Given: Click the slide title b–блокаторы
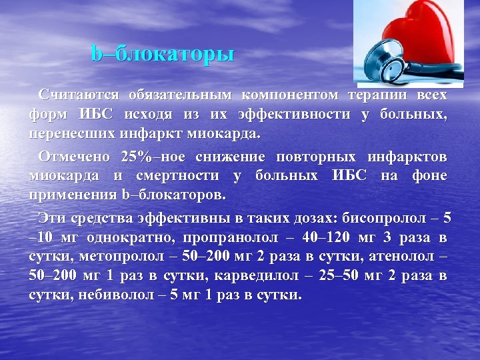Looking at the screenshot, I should click(163, 54).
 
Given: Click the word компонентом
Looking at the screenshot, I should click(289, 95).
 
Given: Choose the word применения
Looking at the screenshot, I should click(72, 195).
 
